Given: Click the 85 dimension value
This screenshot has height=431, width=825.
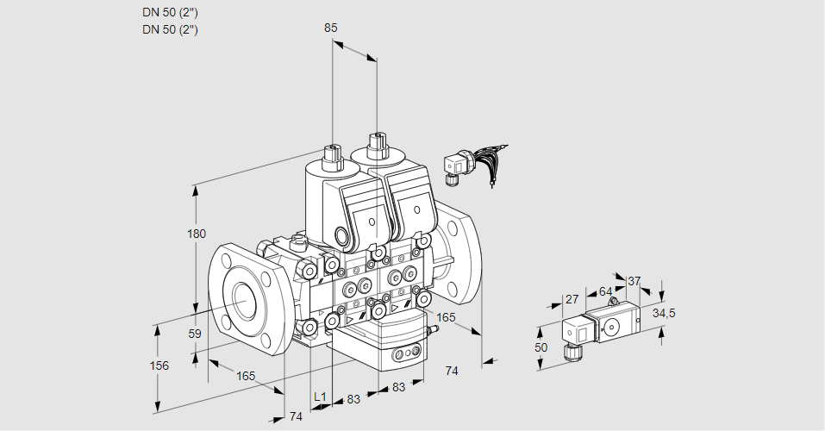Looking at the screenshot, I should tap(330, 28).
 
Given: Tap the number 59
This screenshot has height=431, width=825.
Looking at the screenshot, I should tap(195, 334).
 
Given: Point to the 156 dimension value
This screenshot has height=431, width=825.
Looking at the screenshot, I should tap(159, 365).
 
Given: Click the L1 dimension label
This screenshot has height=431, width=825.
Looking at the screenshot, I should tap(320, 397).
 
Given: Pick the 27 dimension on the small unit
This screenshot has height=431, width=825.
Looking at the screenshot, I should tap(571, 299).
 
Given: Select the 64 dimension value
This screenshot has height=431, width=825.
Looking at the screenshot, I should tap(605, 291).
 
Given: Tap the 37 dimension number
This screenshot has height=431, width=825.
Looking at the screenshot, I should tap(634, 281).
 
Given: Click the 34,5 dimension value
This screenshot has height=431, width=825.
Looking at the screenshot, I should tap(663, 313).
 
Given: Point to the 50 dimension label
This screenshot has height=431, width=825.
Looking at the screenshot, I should tap(541, 347).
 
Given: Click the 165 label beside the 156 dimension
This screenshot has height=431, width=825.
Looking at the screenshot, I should tap(246, 375).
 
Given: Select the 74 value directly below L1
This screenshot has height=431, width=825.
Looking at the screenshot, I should tap(296, 416).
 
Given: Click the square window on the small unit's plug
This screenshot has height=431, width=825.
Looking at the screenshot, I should tap(580, 331).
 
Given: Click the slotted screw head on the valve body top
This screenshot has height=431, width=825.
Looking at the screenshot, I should tap(299, 240).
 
